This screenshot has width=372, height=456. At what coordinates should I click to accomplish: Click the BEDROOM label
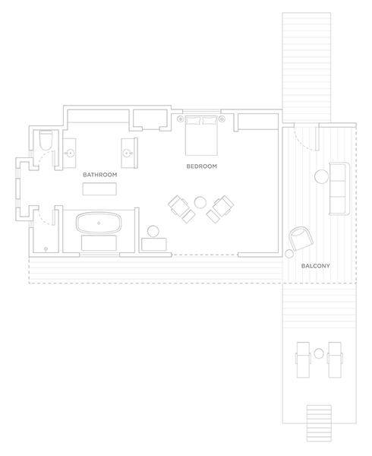pyautogui.click(x=201, y=166)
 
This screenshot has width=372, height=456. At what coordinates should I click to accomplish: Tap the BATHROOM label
pyautogui.click(x=100, y=175)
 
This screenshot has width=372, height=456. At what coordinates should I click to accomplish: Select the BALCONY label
pyautogui.click(x=315, y=266)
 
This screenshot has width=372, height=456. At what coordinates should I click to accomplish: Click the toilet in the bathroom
pyautogui.click(x=46, y=140)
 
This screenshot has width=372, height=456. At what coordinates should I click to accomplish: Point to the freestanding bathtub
pyautogui.click(x=99, y=223)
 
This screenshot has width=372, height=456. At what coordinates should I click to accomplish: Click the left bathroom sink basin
pyautogui.click(x=70, y=153)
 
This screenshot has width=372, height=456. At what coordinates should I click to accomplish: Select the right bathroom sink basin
pyautogui.click(x=127, y=153)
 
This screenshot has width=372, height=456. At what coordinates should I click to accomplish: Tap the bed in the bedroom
pyautogui.click(x=201, y=135)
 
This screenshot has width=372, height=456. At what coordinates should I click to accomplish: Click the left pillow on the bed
pyautogui.click(x=194, y=120)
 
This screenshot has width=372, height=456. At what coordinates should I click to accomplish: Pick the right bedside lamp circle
pyautogui.click(x=222, y=119)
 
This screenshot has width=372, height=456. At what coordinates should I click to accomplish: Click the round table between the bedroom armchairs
pyautogui.click(x=200, y=203)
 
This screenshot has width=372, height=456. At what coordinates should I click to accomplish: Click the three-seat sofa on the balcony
pyautogui.click(x=339, y=189)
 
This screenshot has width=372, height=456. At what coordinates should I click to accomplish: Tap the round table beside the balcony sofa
pyautogui.click(x=321, y=176)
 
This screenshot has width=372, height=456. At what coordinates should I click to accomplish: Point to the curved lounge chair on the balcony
pyautogui.click(x=302, y=239)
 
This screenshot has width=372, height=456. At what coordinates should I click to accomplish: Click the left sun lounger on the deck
pyautogui.click(x=303, y=359)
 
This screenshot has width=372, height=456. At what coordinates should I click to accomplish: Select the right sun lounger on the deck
pyautogui.click(x=335, y=359)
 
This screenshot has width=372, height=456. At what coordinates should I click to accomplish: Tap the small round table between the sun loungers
pyautogui.click(x=319, y=353)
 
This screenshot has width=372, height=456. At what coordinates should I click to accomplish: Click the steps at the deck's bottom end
pyautogui.click(x=319, y=423)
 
